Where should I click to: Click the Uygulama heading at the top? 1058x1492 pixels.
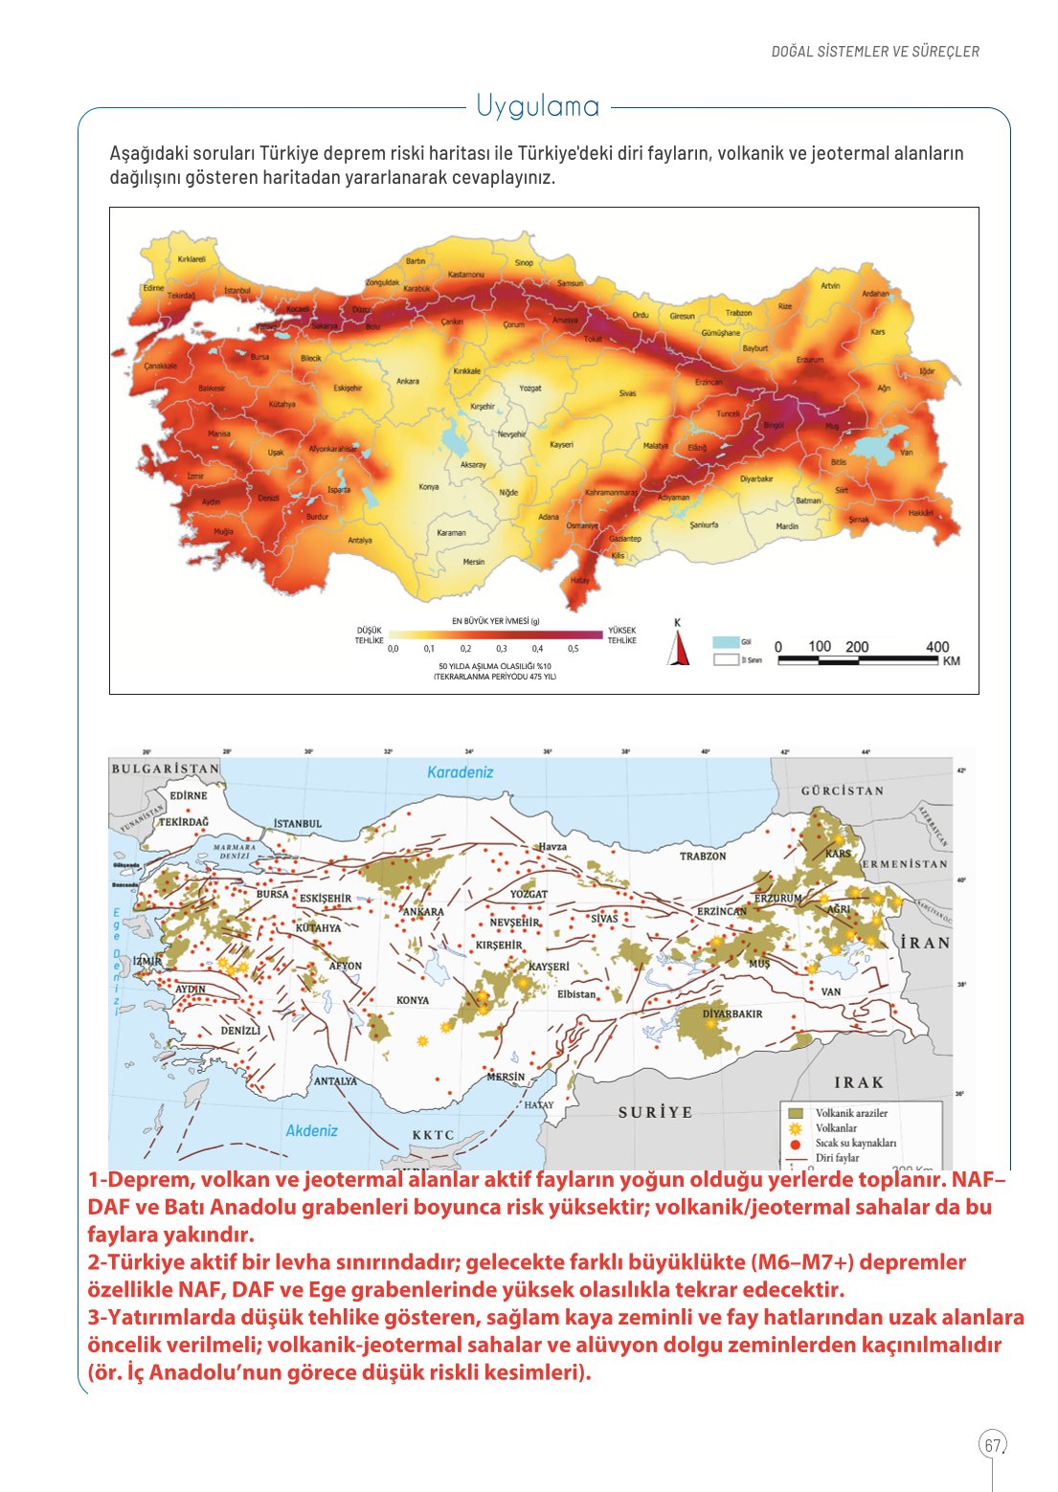point(538,106)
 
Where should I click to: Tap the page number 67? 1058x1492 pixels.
point(993,1445)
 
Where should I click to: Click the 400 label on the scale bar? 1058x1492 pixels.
point(937,647)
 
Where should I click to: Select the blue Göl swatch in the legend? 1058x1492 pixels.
point(726,642)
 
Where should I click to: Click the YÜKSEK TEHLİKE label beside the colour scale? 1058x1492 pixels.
point(621,635)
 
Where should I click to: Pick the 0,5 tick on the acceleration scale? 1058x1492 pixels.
point(573,649)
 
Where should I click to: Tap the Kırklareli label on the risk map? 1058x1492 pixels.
point(191,259)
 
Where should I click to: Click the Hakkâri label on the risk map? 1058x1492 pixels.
point(920,513)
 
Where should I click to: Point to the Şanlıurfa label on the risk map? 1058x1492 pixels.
point(704,525)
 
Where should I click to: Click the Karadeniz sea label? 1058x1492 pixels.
point(460,772)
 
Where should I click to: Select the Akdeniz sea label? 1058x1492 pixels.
point(311,1131)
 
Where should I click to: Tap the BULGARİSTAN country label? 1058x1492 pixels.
point(165,768)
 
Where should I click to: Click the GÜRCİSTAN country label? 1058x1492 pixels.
point(842,791)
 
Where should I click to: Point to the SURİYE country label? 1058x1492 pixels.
point(655,1112)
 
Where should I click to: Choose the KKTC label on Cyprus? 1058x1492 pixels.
point(433,1135)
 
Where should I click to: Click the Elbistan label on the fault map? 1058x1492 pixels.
point(576,994)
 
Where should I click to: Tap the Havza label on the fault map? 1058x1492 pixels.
point(552,847)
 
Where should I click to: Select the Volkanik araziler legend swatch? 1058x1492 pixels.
point(795,1113)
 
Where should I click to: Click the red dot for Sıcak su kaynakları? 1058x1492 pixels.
point(795,1143)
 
